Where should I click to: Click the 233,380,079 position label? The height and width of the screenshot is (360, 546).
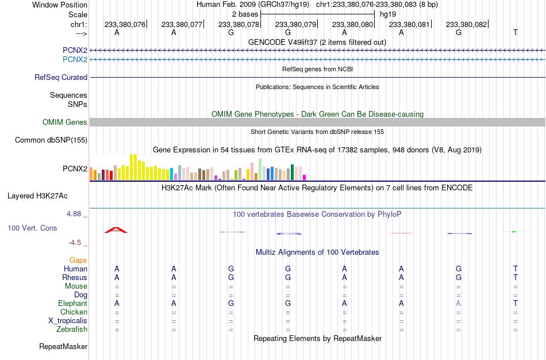pyautogui.click(x=295, y=24)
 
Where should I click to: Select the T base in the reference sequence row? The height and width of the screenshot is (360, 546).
pyautogui.click(x=516, y=32)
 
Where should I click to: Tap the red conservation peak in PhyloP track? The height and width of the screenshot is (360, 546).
pyautogui.click(x=116, y=230)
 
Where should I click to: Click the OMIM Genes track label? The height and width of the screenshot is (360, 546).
pyautogui.click(x=65, y=122)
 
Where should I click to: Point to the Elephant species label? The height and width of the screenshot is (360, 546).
pyautogui.click(x=72, y=304)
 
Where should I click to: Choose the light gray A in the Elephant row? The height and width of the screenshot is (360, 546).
pyautogui.click(x=458, y=304)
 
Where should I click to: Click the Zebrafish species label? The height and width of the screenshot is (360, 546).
pyautogui.click(x=72, y=330)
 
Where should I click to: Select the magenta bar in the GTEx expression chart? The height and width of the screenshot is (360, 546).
pyautogui.click(x=305, y=177)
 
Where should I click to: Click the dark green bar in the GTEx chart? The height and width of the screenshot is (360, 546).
pyautogui.click(x=293, y=172)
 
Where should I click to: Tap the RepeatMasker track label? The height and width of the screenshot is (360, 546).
pyautogui.click(x=63, y=347)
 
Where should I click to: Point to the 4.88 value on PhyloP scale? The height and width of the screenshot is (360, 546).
pyautogui.click(x=74, y=213)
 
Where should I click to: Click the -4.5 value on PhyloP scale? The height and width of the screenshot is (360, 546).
pyautogui.click(x=75, y=243)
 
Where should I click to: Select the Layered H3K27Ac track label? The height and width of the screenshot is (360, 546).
pyautogui.click(x=37, y=196)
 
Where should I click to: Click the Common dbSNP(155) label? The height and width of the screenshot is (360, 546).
pyautogui.click(x=51, y=140)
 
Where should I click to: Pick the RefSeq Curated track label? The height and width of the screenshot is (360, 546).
pyautogui.click(x=61, y=78)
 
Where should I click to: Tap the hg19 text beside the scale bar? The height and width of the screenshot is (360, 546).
pyautogui.click(x=388, y=14)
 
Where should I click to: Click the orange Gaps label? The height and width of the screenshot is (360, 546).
pyautogui.click(x=78, y=261)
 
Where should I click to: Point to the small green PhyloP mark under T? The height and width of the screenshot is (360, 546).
pyautogui.click(x=514, y=232)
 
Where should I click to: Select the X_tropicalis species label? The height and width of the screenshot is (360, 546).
pyautogui.click(x=68, y=321)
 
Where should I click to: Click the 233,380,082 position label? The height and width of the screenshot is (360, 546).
pyautogui.click(x=466, y=24)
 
